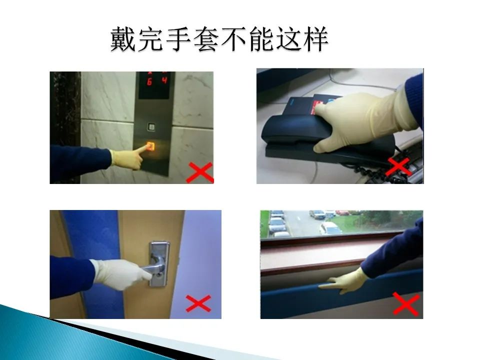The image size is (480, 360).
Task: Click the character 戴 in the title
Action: pos(123,39)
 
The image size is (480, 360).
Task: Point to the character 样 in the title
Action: pos(316,39)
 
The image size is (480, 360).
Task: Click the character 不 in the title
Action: pos(233,39)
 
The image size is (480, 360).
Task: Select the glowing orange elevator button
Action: pos(150,146)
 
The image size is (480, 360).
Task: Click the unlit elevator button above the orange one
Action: pos(151,126)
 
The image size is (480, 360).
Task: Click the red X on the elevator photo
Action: pos(200,172)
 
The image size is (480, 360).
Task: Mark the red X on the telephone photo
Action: pos(398,167)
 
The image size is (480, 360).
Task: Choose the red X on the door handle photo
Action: pos(198,303)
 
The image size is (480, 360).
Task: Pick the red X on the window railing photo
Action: pos(406,303)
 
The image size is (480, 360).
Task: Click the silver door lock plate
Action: pos(159,264)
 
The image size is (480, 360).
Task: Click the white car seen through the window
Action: pos(329,228)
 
